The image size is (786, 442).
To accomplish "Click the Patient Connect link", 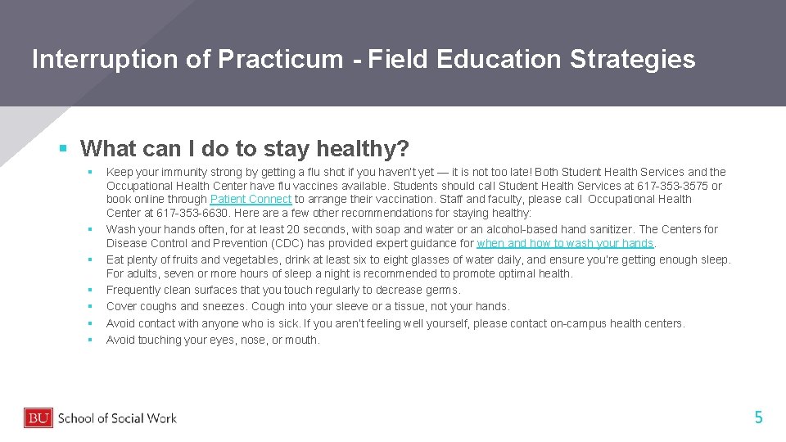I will tap(251, 200).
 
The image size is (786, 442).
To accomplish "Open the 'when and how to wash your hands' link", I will tap(565, 243).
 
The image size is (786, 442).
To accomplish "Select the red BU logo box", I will tap(38, 418).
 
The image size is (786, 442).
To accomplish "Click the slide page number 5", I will tap(758, 417).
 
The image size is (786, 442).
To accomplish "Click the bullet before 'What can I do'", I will tap(63, 149).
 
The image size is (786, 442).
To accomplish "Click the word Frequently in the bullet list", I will tap(133, 290).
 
